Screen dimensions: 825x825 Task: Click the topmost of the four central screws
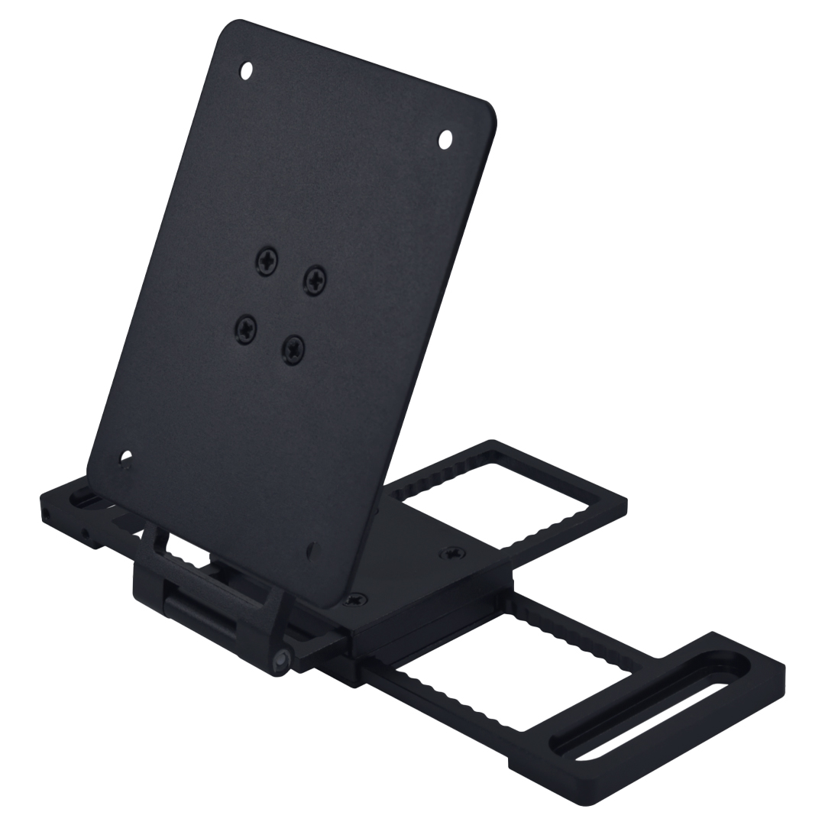(x=268, y=260)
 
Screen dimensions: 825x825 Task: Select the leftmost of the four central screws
(x=246, y=328)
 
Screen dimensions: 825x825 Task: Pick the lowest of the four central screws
(x=293, y=348)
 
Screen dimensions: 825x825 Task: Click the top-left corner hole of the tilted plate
(x=247, y=72)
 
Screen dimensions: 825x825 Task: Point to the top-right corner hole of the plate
(x=445, y=139)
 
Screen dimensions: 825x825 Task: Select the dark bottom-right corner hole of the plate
(x=310, y=548)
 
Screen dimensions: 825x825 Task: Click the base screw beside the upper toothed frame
(x=453, y=551)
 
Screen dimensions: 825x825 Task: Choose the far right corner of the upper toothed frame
(x=626, y=504)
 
